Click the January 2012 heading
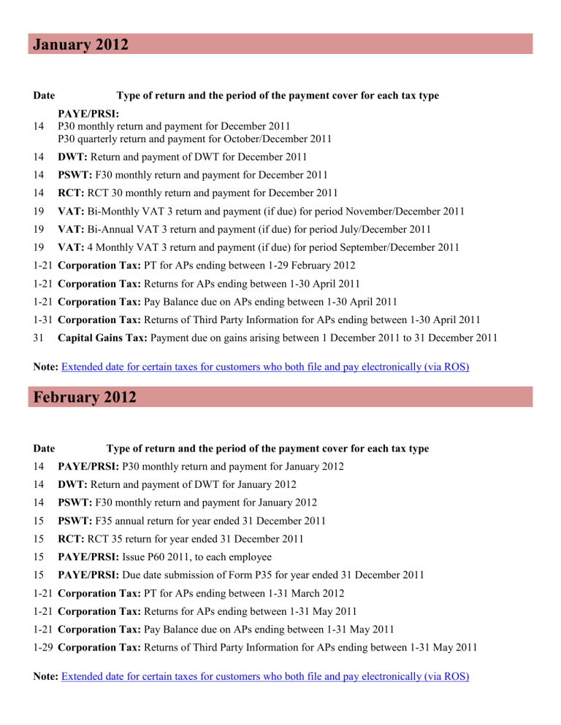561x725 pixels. pos(81,44)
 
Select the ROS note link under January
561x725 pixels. pos(264,368)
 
